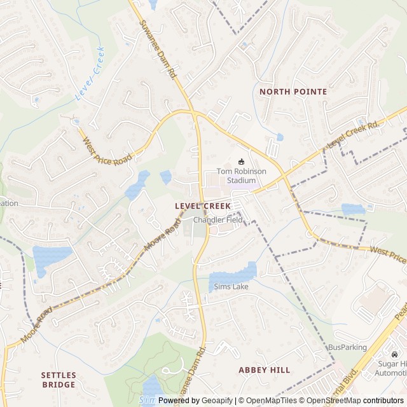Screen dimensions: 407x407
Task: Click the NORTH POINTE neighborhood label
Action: pos(293,92)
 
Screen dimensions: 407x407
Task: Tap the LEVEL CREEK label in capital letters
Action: pos(203,206)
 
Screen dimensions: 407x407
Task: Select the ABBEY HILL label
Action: pos(264,369)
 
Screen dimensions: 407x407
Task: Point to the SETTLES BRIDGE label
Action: pos(59,380)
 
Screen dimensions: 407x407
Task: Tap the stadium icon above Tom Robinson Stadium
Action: pos(241,162)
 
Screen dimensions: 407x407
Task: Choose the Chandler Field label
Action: pos(218,220)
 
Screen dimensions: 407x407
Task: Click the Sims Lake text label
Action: pos(231,287)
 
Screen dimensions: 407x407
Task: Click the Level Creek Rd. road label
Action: pos(353,134)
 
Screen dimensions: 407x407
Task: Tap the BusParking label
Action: pos(347,347)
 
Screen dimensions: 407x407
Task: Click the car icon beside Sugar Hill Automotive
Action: pos(395,354)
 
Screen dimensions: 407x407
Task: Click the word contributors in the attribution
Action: pos(385,401)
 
